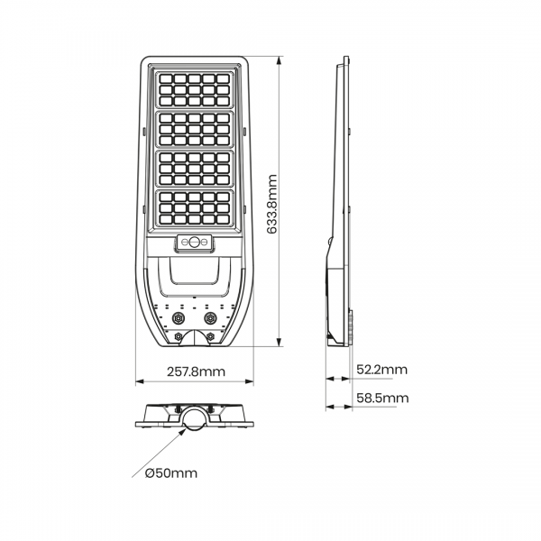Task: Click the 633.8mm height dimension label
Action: (272, 205)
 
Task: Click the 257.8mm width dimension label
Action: (196, 371)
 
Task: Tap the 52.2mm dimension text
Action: (381, 370)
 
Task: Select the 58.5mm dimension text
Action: (382, 398)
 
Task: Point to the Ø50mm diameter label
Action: (171, 473)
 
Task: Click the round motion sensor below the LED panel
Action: (194, 242)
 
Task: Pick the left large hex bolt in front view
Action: (179, 317)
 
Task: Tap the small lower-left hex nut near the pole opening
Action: (179, 335)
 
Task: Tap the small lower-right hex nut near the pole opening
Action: (209, 335)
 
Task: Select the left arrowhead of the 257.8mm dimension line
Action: (140, 381)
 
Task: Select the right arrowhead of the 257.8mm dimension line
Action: (249, 381)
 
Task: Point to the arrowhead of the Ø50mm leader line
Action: (183, 434)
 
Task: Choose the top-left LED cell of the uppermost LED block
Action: (166, 78)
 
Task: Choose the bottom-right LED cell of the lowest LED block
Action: (224, 219)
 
